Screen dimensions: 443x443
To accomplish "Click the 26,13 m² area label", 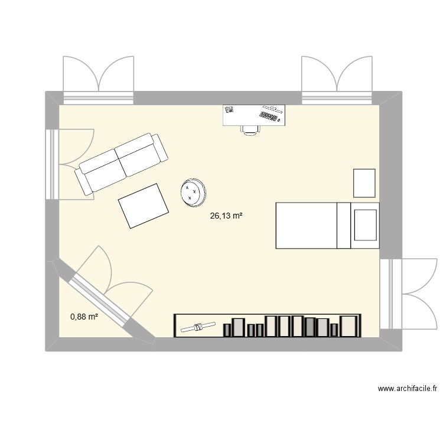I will [x=226, y=217].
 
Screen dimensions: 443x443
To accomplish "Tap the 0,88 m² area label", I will [x=84, y=317].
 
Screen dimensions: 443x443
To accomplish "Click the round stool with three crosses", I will [x=193, y=193].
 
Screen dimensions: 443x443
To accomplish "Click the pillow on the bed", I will [x=365, y=225].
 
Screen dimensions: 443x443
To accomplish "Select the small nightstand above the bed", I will [x=364, y=183].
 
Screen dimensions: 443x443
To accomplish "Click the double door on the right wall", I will [x=408, y=294].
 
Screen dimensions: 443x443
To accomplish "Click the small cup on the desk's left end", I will [x=229, y=110].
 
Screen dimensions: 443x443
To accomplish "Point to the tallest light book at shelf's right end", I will [x=350, y=325].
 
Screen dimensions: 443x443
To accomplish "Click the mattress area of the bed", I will [x=306, y=225].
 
